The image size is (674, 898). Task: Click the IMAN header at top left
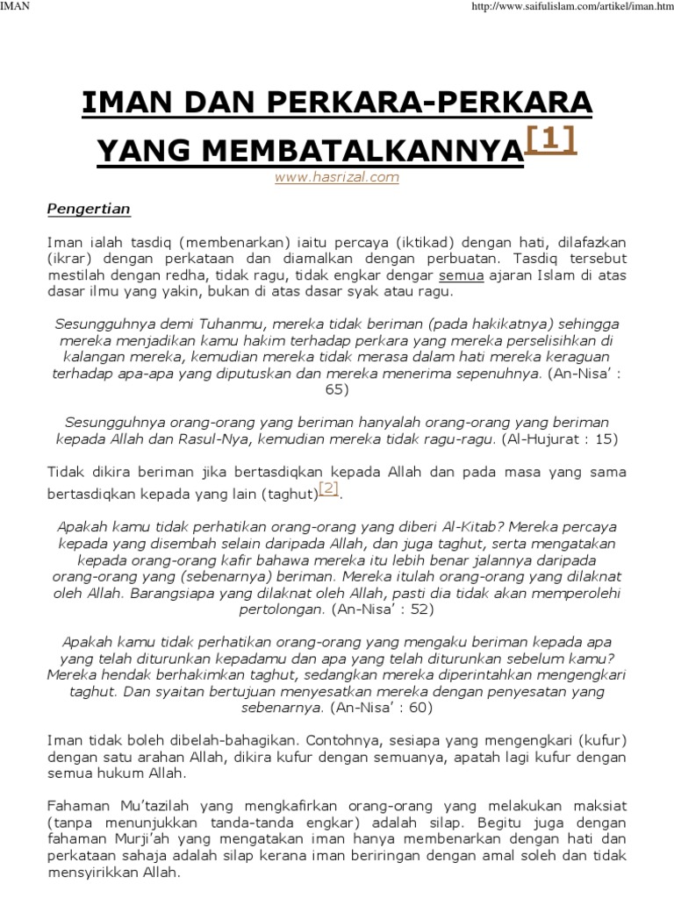coord(13,7)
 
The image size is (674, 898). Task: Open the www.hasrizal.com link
coord(337,177)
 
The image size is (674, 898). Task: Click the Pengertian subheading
coord(88,209)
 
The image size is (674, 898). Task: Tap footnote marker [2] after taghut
coord(328,488)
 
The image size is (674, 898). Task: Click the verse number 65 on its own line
coord(337,388)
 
